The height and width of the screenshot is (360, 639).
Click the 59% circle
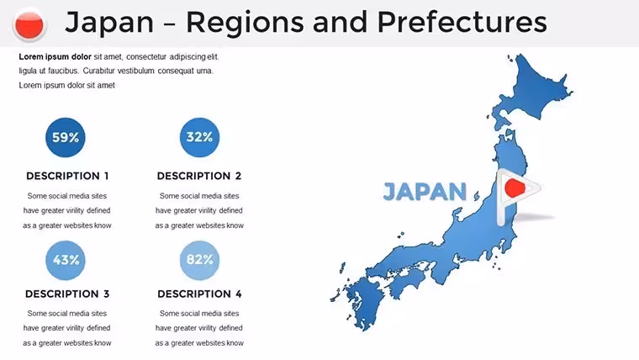66,137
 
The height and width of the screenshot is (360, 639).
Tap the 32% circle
199,137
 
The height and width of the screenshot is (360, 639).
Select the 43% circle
66,260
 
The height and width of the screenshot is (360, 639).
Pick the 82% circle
199,260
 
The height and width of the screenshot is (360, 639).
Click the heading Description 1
67,176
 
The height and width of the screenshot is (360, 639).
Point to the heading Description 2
199,176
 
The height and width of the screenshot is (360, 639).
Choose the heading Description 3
67,294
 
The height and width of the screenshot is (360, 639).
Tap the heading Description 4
200,294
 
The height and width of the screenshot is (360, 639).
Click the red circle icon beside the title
29,25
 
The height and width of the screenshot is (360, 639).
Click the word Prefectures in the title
462,23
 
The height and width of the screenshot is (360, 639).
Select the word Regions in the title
245,24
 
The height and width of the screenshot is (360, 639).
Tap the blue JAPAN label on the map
425,192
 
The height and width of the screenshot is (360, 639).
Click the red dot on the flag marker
515,188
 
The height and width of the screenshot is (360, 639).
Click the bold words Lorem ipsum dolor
55,56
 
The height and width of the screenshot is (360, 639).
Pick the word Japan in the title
109,24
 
